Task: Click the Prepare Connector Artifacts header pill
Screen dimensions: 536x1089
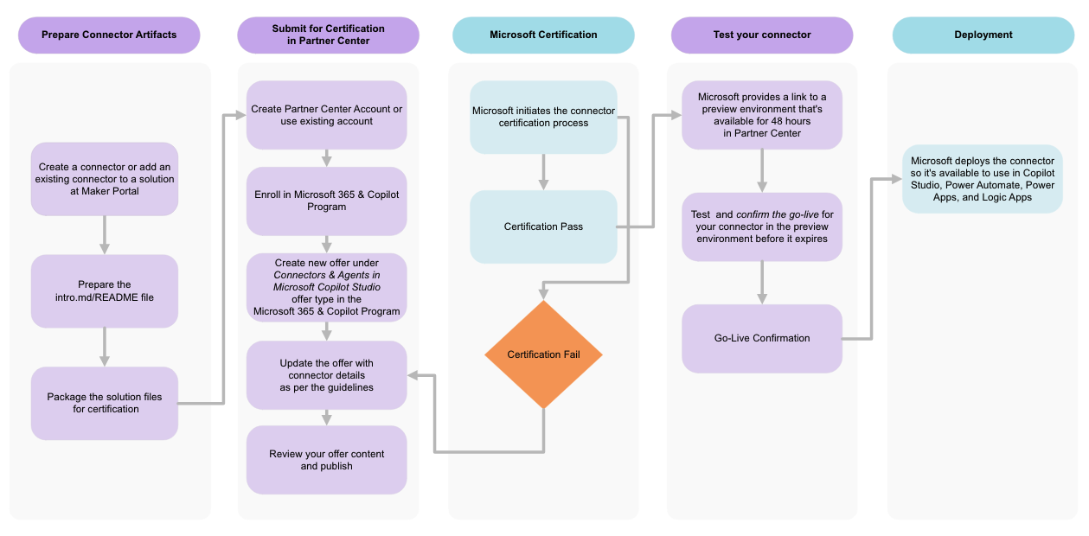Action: pyautogui.click(x=109, y=35)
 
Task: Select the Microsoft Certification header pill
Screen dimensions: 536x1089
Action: pyautogui.click(x=543, y=35)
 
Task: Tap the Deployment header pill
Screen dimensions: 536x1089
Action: pyautogui.click(x=983, y=35)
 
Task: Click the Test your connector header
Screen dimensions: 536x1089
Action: pyautogui.click(x=762, y=35)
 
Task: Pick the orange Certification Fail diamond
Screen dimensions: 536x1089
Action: pyautogui.click(x=543, y=354)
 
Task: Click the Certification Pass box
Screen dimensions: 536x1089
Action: pyautogui.click(x=543, y=227)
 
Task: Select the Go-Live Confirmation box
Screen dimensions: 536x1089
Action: pyautogui.click(x=762, y=338)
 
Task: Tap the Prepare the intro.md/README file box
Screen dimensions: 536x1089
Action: pyautogui.click(x=105, y=290)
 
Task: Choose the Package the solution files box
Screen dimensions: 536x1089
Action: pyautogui.click(x=105, y=403)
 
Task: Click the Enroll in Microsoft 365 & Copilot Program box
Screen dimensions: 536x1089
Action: pyautogui.click(x=326, y=201)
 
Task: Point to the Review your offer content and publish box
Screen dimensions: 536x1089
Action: pyautogui.click(x=326, y=460)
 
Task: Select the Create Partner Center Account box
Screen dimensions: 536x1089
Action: pyautogui.click(x=326, y=115)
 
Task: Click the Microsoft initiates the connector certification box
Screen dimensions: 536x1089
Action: pyautogui.click(x=543, y=118)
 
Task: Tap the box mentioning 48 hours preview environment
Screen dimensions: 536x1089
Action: pyautogui.click(x=762, y=115)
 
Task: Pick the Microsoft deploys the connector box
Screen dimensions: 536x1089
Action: pyautogui.click(x=983, y=179)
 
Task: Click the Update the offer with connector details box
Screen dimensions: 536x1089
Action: pyautogui.click(x=326, y=375)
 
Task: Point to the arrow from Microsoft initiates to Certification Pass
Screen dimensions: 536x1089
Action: pyautogui.click(x=543, y=172)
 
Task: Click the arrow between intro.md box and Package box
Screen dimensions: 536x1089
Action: pyautogui.click(x=105, y=347)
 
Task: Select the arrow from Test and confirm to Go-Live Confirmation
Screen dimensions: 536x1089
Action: pyautogui.click(x=762, y=283)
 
